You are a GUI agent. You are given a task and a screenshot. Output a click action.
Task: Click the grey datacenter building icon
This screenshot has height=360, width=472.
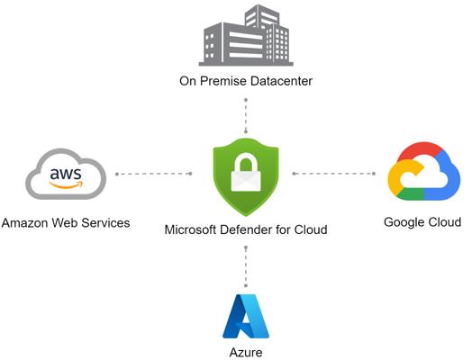[246, 35]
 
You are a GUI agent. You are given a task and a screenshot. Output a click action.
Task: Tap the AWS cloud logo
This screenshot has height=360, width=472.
[67, 174]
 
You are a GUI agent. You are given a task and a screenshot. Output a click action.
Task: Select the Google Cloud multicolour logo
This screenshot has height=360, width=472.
[424, 171]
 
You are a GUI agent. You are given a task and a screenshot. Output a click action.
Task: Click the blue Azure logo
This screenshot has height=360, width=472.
[246, 316]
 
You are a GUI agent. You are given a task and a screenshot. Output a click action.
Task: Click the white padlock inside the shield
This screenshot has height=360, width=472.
[246, 172]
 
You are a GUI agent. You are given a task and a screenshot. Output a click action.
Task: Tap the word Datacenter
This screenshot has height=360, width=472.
[281, 81]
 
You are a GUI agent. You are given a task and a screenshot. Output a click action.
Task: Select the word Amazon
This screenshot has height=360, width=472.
[25, 223]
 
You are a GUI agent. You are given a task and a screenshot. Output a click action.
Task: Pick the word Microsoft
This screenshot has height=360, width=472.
[191, 229]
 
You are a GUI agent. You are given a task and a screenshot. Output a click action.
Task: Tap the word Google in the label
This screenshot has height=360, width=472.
[403, 222]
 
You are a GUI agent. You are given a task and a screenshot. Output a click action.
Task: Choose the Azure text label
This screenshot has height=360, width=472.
[246, 352]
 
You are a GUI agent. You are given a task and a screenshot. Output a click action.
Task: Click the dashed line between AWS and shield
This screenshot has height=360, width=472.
[154, 174]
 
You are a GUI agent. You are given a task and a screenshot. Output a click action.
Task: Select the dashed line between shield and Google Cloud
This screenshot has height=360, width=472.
[334, 174]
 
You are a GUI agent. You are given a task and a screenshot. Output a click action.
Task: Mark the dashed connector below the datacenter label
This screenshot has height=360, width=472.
[246, 116]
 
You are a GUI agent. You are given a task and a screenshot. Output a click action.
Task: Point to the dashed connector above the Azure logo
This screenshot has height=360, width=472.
[246, 266]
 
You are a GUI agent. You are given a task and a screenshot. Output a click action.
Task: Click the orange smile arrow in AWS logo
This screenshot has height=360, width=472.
[66, 184]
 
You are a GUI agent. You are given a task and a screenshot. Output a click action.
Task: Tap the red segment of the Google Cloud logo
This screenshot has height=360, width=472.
[420, 150]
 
